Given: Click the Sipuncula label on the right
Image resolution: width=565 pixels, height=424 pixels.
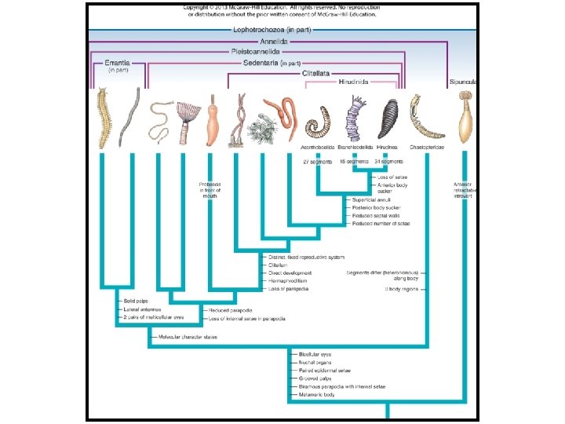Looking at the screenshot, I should point(464,82).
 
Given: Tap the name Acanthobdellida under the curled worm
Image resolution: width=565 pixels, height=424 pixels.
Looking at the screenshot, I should point(318,147).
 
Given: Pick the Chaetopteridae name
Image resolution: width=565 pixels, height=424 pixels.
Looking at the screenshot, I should point(425,147).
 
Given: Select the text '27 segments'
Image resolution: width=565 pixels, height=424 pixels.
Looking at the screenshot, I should point(318,161).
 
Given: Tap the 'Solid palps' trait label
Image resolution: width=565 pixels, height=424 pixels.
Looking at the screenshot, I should point(134,301).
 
